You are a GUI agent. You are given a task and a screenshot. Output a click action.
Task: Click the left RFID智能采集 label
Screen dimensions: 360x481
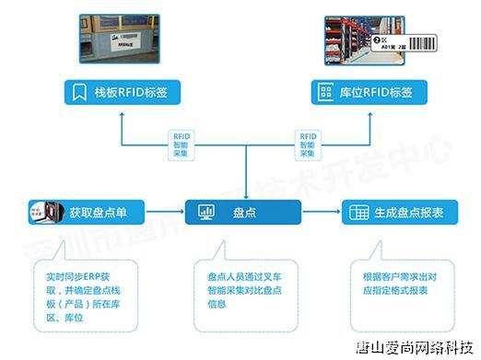(181, 145)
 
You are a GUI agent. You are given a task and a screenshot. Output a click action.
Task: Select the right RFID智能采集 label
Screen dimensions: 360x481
(308, 145)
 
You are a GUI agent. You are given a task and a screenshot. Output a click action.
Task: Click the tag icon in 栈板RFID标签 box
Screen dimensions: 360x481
(78, 92)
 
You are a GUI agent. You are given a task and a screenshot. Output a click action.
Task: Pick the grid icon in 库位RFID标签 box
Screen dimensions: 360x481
(324, 92)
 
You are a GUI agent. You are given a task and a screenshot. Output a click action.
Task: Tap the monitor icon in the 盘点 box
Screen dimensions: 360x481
(204, 212)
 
